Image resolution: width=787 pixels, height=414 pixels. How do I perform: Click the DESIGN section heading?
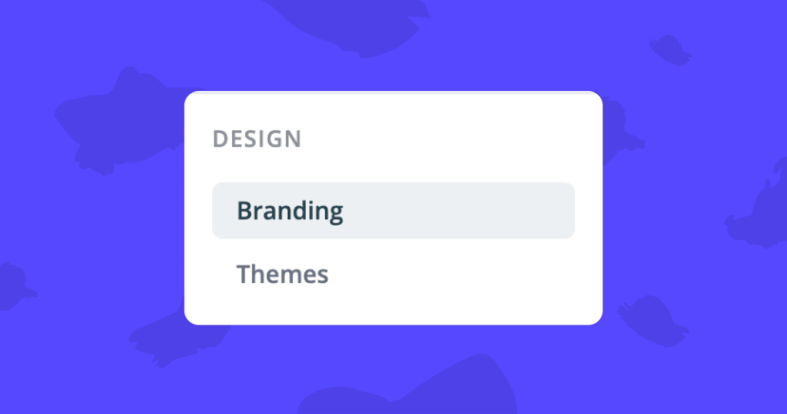[257, 140]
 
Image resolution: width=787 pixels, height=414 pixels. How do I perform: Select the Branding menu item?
[393, 210]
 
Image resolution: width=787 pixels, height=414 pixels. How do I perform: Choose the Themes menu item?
[282, 274]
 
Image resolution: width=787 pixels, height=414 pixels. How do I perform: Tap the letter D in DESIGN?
[220, 140]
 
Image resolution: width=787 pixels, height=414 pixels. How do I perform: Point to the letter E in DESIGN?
[235, 140]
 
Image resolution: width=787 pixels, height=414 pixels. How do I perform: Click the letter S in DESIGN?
[249, 140]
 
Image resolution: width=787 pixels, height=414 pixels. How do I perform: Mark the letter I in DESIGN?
[260, 140]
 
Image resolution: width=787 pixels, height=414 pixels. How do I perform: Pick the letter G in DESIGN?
[274, 140]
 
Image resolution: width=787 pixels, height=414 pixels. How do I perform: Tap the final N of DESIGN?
[293, 140]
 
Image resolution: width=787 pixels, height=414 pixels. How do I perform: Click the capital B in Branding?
[244, 210]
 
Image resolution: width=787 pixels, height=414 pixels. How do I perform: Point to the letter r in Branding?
[259, 212]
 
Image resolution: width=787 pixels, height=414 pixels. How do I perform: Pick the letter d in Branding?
[303, 210]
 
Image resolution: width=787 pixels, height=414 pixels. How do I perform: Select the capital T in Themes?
[243, 274]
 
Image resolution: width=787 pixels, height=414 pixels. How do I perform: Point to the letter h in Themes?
[259, 274]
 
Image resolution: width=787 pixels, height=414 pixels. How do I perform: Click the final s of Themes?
[322, 276]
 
